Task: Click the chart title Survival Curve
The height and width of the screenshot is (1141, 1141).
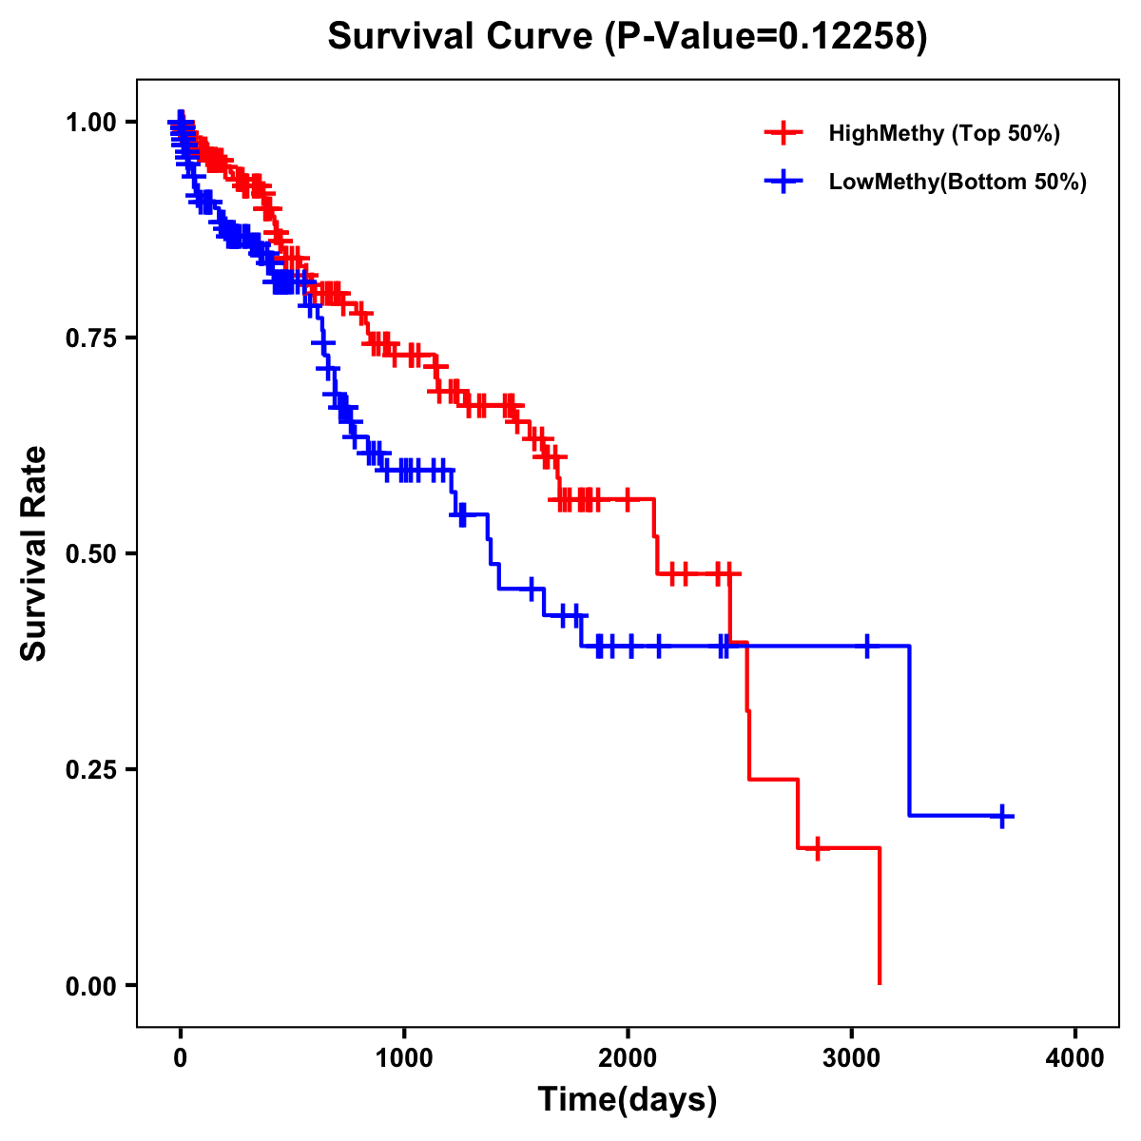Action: (462, 37)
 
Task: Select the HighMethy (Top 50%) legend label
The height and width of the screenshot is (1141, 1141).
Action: (943, 133)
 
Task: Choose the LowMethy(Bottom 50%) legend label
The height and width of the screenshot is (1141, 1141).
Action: (957, 183)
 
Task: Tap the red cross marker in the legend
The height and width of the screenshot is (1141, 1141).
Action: (783, 133)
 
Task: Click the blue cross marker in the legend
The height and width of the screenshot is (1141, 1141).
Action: (783, 183)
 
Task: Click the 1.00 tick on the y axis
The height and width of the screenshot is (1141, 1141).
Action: (91, 123)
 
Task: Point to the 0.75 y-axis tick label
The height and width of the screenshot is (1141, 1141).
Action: (91, 338)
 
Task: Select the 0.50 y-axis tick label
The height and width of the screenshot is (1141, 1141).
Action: (91, 554)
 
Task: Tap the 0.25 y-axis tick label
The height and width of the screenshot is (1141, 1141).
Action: (91, 770)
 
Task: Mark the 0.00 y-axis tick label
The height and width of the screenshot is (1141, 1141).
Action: (91, 986)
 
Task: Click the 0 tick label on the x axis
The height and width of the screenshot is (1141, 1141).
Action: (181, 1058)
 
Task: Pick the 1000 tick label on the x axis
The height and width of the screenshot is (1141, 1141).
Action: (404, 1058)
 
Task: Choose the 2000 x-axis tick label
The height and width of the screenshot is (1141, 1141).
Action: (628, 1058)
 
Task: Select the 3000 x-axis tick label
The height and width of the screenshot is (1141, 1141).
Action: (852, 1058)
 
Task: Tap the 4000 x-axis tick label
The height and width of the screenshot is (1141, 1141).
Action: (1075, 1058)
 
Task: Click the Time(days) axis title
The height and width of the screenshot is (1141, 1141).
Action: (628, 1100)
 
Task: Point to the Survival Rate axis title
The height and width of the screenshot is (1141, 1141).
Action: (34, 553)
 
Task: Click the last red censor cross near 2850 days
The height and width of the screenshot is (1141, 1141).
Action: (817, 847)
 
